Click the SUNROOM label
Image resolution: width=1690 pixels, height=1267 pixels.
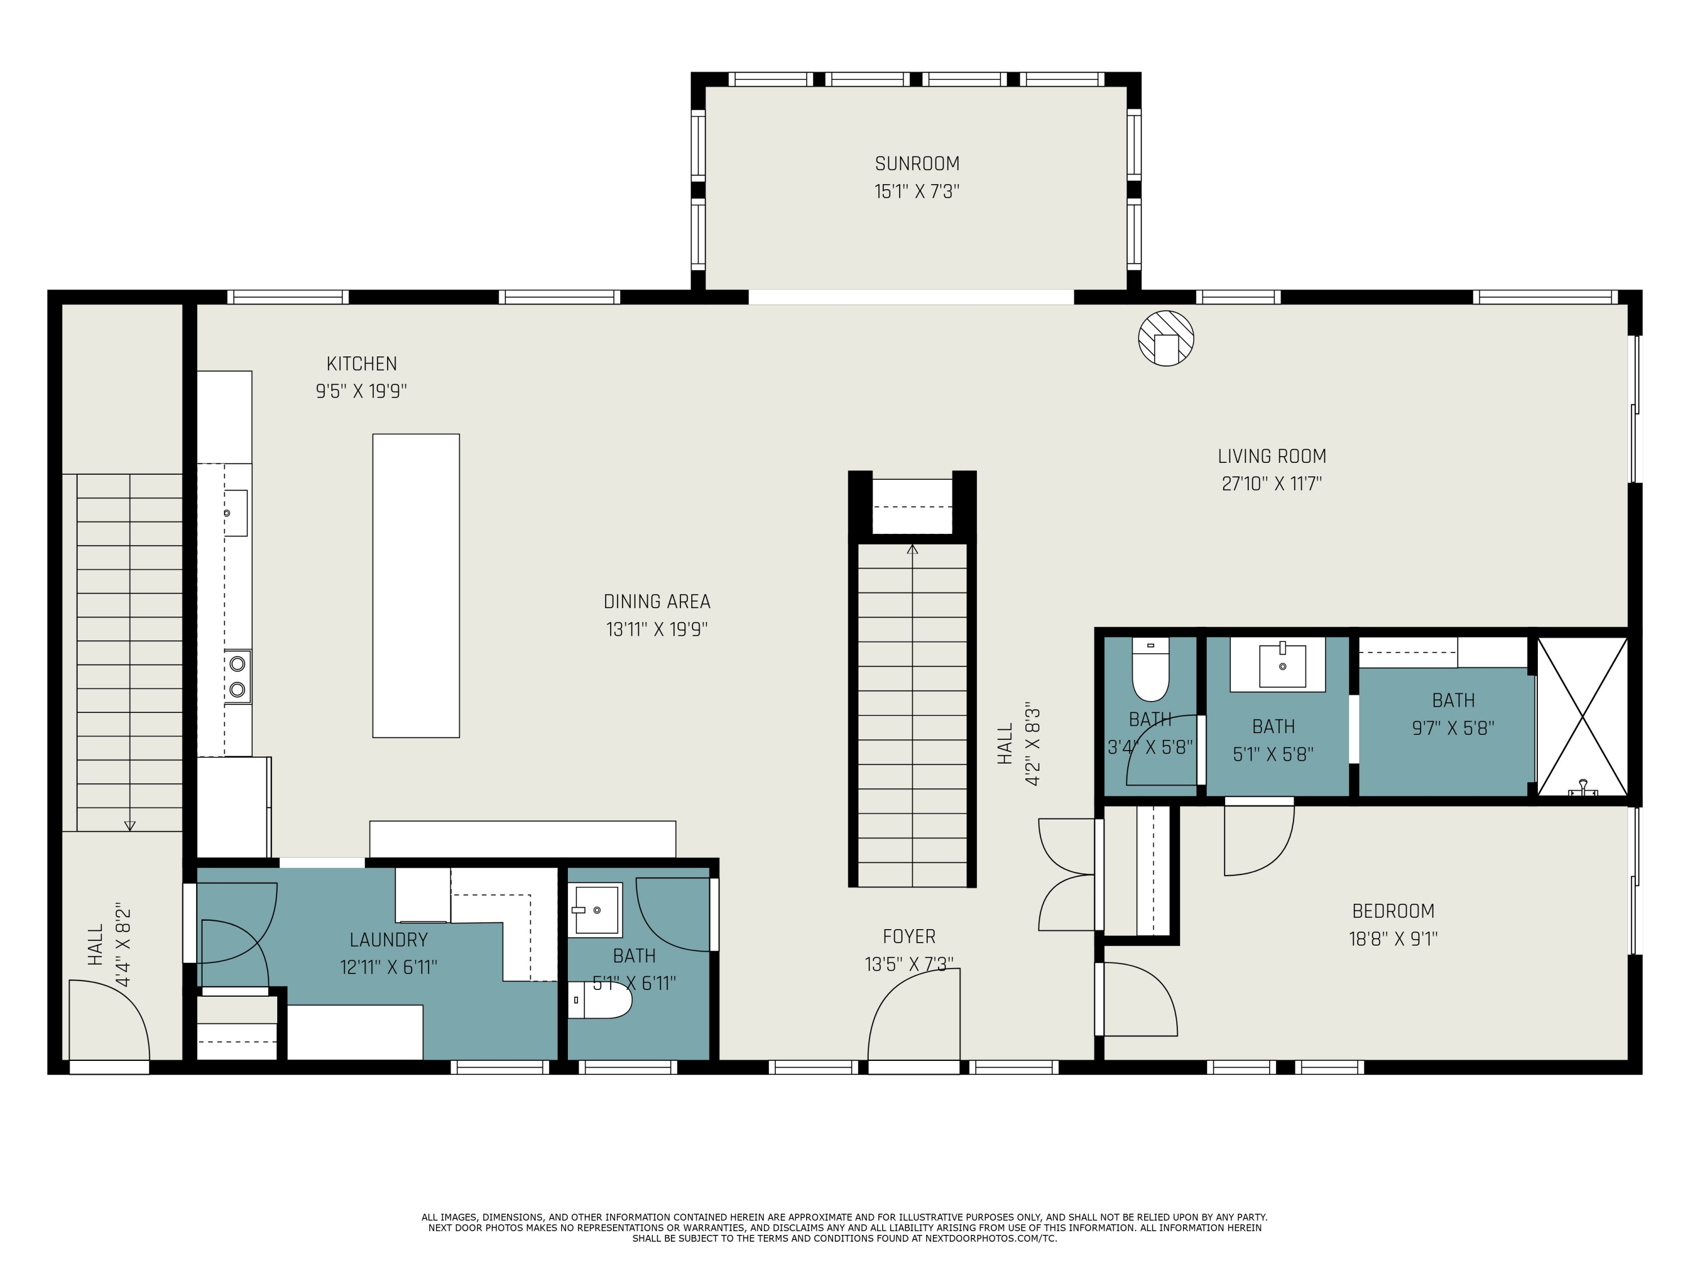click(917, 163)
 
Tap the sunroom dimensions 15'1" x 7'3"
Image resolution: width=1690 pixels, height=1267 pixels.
click(917, 191)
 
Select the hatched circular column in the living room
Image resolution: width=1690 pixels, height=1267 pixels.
click(1166, 337)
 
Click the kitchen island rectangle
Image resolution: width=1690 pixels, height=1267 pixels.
click(416, 586)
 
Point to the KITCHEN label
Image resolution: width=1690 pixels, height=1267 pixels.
click(362, 364)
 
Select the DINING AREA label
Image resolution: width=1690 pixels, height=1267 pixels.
click(656, 602)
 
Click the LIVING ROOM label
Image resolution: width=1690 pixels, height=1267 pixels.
click(1271, 457)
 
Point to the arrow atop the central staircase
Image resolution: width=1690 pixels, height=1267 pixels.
click(912, 548)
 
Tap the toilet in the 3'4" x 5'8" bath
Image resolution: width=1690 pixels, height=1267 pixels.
click(1150, 672)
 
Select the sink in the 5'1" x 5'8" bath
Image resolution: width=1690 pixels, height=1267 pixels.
click(1282, 666)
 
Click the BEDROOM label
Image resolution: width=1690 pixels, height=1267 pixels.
click(1393, 911)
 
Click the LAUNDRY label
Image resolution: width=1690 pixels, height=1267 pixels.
click(388, 940)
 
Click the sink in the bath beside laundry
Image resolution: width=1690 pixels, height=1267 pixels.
click(595, 909)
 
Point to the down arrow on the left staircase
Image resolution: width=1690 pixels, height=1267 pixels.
click(129, 826)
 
